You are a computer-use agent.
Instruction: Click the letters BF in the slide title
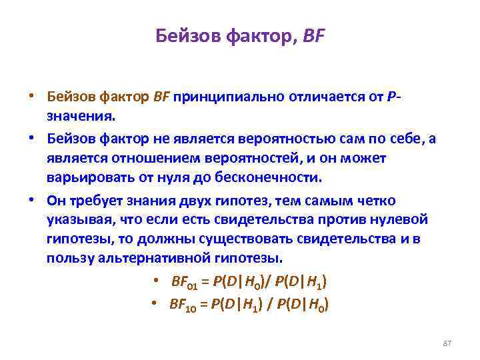(x=313, y=35)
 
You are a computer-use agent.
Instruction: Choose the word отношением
(x=141, y=158)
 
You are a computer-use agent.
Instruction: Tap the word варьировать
(x=83, y=178)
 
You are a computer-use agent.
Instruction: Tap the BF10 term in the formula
(x=181, y=304)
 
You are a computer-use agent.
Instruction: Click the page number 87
(x=447, y=343)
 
